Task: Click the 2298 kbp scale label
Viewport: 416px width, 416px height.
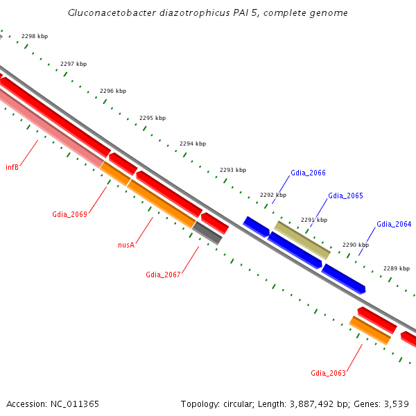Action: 33,36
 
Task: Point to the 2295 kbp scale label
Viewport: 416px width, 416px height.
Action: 153,118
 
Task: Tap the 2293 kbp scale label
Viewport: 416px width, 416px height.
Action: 233,170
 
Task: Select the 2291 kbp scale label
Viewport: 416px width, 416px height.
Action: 313,220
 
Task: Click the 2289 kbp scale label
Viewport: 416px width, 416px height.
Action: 396,268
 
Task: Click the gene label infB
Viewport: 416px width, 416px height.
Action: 12,167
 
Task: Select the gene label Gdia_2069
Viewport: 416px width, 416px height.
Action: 69,214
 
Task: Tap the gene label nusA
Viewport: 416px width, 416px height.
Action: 125,245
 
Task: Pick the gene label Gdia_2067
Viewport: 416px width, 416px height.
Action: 163,275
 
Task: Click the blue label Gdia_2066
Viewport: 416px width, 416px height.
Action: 308,173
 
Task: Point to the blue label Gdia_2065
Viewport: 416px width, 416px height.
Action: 345,196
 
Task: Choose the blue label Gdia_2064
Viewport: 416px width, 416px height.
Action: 394,224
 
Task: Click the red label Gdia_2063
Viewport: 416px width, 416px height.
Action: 328,373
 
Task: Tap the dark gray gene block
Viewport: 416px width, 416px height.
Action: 207,233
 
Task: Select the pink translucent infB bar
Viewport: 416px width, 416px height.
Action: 49,129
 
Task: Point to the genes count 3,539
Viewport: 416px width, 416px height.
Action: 395,404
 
